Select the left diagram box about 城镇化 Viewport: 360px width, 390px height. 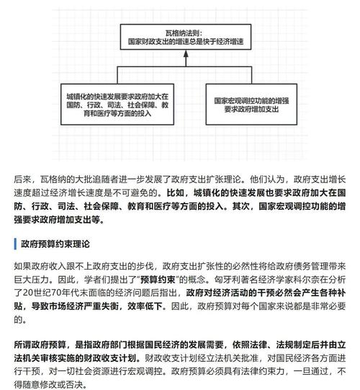(x=117, y=105)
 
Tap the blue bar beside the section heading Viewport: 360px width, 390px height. (x=14, y=244)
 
